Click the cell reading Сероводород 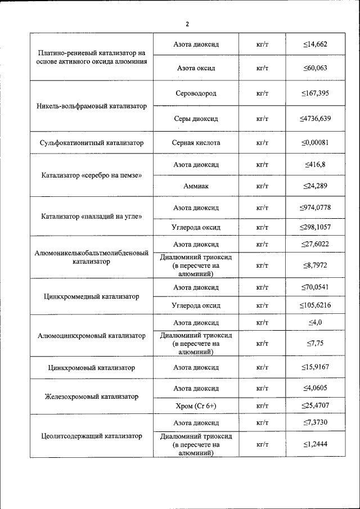pyautogui.click(x=196, y=93)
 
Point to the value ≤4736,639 pyautogui.click(x=314, y=119)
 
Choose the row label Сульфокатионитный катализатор pyautogui.click(x=92, y=143)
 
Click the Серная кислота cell pyautogui.click(x=196, y=143)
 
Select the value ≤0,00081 pyautogui.click(x=314, y=143)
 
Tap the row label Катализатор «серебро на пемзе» pyautogui.click(x=92, y=175)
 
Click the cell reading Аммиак pyautogui.click(x=196, y=186)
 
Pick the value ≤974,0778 pyautogui.click(x=314, y=208)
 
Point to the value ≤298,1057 pyautogui.click(x=314, y=228)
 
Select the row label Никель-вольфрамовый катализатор pyautogui.click(x=92, y=106)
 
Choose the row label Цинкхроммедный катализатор pyautogui.click(x=92, y=296)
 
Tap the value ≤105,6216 pyautogui.click(x=314, y=306)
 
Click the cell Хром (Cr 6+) pyautogui.click(x=196, y=406)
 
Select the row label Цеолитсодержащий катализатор pyautogui.click(x=92, y=436)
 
